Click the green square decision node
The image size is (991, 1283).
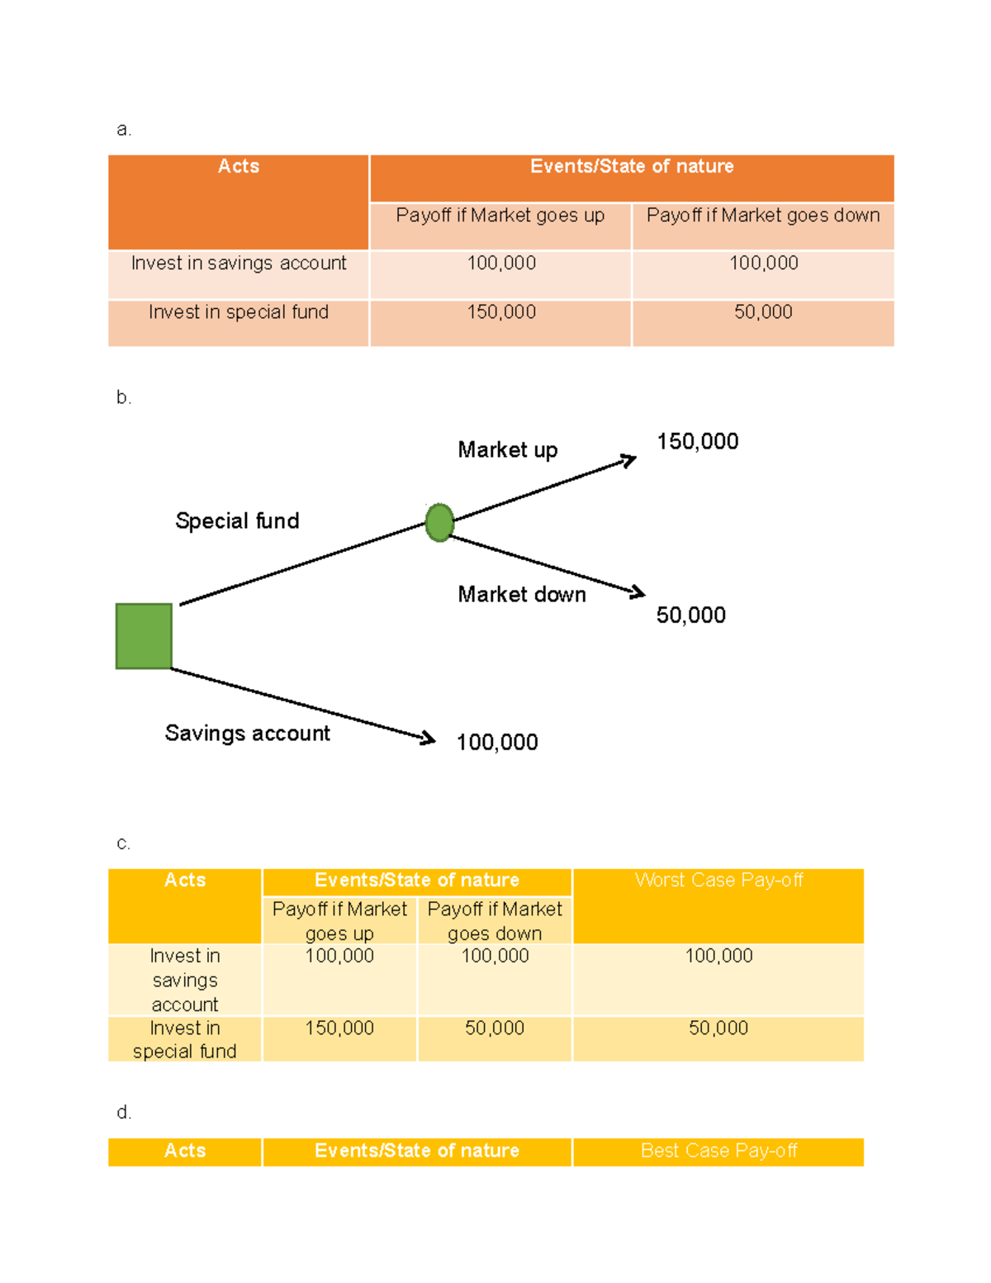144,636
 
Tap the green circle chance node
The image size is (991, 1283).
439,522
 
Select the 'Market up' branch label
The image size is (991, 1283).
508,450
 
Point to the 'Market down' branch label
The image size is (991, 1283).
522,594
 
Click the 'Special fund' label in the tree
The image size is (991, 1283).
237,520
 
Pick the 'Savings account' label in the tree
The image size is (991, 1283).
247,734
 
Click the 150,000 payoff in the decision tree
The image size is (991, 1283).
698,442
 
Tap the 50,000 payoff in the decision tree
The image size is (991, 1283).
691,615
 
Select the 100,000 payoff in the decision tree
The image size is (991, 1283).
497,742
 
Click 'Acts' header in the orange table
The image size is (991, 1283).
239,167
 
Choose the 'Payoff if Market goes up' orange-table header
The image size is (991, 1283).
500,216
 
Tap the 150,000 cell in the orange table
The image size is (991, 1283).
501,311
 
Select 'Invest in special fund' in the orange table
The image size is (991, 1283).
239,311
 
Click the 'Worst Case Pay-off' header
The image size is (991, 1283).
718,880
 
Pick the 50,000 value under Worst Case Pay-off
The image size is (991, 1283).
718,1028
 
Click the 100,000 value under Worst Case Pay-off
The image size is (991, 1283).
718,955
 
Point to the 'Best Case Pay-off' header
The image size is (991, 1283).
718,1150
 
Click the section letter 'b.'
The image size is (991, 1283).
123,397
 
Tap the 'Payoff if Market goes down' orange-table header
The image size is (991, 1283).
762,216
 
